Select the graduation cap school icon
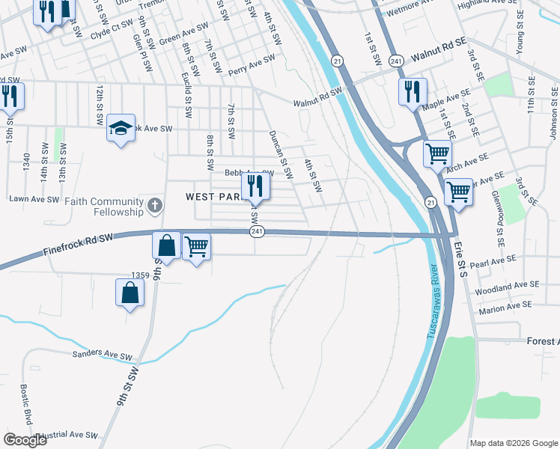pos(121,129)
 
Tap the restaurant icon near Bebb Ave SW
pos(255,185)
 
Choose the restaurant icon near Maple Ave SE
pos(413,92)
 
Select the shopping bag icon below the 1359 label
pos(130,293)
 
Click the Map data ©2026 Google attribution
pos(514,443)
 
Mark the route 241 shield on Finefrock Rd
pos(256,233)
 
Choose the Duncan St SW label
pos(278,147)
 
